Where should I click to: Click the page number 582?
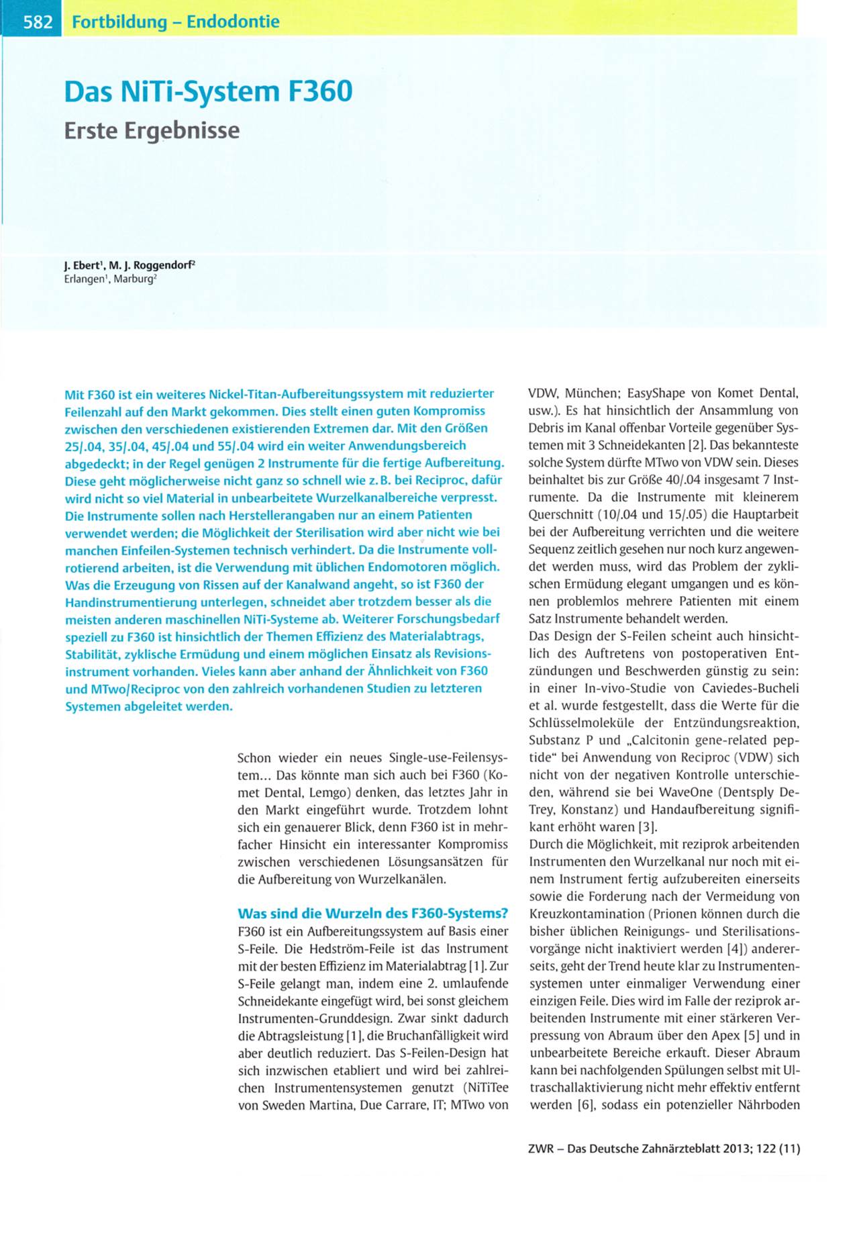(x=38, y=22)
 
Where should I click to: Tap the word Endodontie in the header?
(x=233, y=21)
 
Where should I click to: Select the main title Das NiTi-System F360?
(x=208, y=91)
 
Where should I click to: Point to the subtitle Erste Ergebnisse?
(x=152, y=130)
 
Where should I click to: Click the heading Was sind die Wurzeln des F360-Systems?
(x=372, y=913)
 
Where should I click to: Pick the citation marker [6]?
(x=586, y=1105)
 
